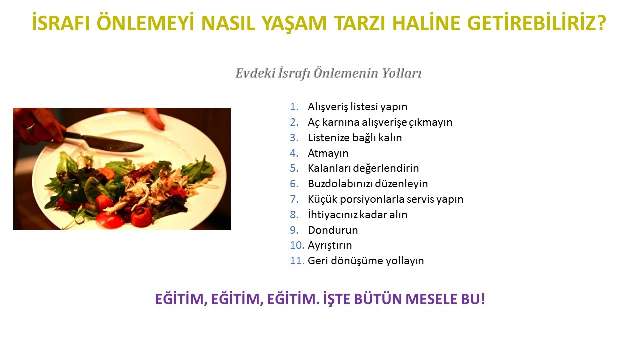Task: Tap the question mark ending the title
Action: coord(601,23)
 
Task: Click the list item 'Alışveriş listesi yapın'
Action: coord(357,107)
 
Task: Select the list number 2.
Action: coord(294,122)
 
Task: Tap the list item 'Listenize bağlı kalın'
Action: coord(355,138)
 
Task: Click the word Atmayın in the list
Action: coord(328,153)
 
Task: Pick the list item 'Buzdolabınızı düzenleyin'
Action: coord(368,184)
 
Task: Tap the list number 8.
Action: coord(294,215)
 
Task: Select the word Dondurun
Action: coord(333,230)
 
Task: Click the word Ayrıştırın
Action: coord(330,245)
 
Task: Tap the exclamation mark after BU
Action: coord(483,299)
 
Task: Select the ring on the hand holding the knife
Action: coord(31,127)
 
